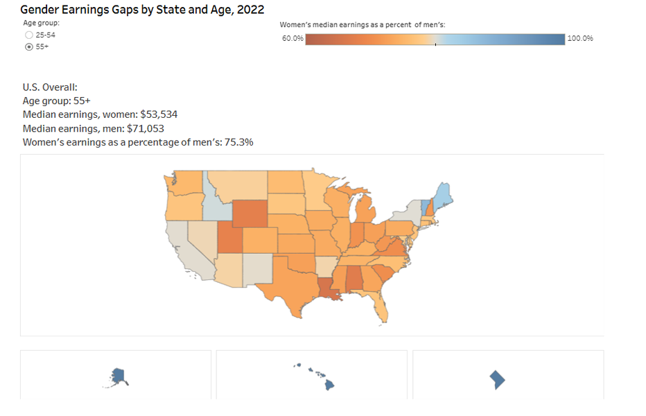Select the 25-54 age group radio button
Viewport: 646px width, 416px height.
(28, 35)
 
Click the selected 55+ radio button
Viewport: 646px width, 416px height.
(28, 46)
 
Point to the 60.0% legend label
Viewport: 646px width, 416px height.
(292, 39)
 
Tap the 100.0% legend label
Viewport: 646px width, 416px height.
(580, 39)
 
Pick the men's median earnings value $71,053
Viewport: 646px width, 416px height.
(146, 128)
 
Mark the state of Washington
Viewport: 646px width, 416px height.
(184, 183)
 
